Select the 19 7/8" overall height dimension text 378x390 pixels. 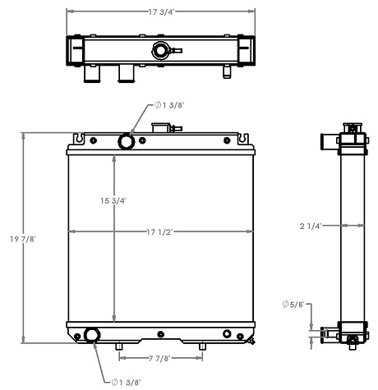pyautogui.click(x=13, y=238)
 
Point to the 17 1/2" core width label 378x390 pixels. pyautogui.click(x=159, y=231)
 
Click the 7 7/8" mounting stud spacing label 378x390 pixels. pyautogui.click(x=160, y=358)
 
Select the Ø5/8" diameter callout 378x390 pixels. pyautogui.click(x=292, y=305)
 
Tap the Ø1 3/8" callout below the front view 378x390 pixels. pyautogui.click(x=125, y=381)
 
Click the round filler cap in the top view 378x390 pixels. pyautogui.click(x=159, y=51)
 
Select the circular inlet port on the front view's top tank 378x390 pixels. pyautogui.click(x=127, y=141)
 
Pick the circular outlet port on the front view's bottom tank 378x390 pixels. pyautogui.click(x=91, y=335)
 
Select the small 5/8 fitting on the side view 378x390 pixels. pyautogui.click(x=325, y=333)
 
